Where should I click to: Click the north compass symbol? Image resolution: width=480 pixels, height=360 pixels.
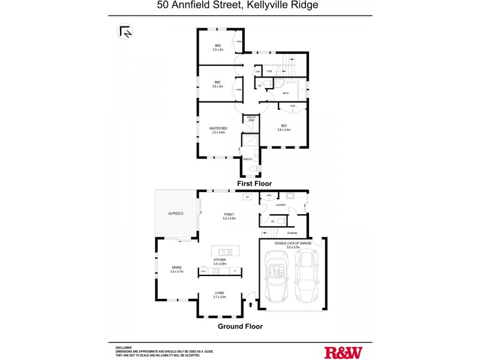click(x=126, y=31)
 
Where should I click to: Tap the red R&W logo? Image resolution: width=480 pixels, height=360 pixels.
click(x=343, y=352)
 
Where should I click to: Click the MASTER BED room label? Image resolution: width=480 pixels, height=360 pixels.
click(x=218, y=130)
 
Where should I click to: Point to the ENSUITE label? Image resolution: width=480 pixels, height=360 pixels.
click(x=248, y=159)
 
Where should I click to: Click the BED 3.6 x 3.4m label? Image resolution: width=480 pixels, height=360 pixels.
click(x=284, y=128)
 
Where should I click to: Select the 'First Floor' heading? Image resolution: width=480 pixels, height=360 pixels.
click(x=255, y=184)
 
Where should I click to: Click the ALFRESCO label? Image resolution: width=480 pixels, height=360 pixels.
click(x=176, y=214)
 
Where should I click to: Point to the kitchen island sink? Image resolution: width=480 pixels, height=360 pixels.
click(x=225, y=252)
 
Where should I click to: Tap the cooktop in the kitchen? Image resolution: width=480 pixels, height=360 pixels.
click(x=216, y=271)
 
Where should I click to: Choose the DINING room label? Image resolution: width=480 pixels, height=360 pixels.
click(x=176, y=270)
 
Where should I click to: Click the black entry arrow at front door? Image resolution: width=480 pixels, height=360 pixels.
click(x=251, y=305)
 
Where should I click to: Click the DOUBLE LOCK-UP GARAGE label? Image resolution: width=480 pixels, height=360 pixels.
click(x=293, y=244)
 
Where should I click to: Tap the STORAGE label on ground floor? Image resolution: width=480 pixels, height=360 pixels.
click(x=292, y=233)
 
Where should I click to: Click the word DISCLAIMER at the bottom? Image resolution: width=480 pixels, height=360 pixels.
click(x=124, y=347)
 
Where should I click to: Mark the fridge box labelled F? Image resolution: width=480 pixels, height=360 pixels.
click(x=235, y=271)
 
